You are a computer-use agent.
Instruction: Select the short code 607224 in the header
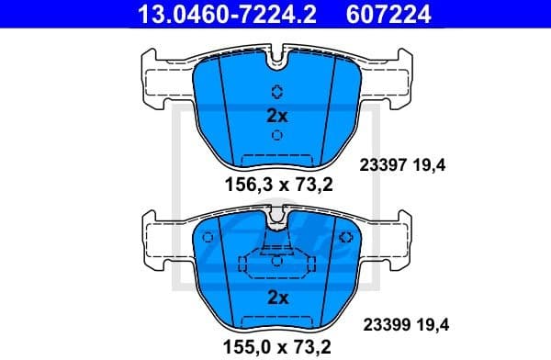point(386,14)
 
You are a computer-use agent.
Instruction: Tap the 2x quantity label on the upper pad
point(276,116)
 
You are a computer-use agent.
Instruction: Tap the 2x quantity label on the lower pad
point(276,298)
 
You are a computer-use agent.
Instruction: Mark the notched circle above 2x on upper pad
point(276,91)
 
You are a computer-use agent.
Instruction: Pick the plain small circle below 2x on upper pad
point(276,135)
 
